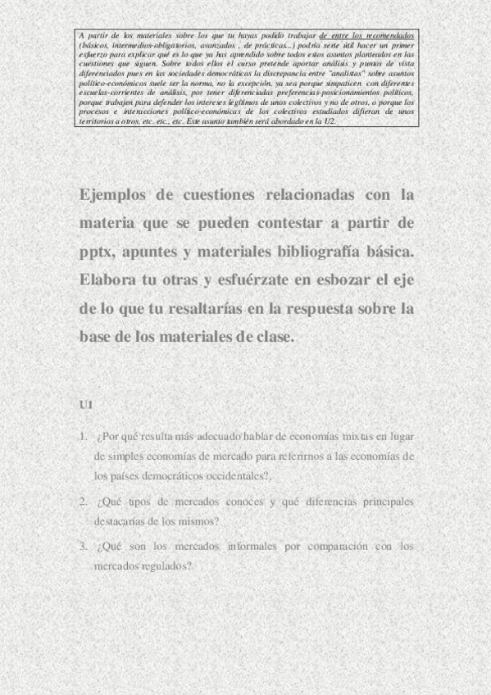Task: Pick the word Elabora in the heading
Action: [x=109, y=279]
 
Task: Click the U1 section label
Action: [x=86, y=405]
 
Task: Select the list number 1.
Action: [x=83, y=436]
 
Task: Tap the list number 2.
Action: [x=83, y=502]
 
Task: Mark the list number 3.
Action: [x=83, y=546]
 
